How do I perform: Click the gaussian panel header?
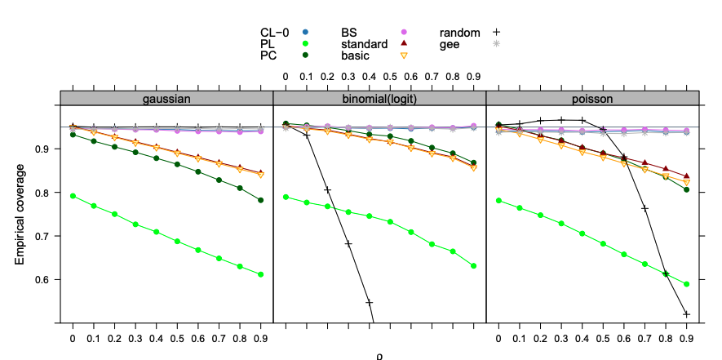coord(166,98)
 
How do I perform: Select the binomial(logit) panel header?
coord(379,98)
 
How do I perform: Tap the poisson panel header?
coord(592,98)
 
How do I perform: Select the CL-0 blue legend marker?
coord(305,32)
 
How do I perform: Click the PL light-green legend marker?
coord(305,43)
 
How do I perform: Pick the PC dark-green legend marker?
coord(305,56)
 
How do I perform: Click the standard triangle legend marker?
coord(403,43)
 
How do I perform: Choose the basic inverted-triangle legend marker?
coord(403,56)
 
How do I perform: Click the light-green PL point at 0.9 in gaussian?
coord(261,274)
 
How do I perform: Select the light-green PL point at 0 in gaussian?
coord(73,196)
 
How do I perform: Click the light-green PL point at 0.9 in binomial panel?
coord(474,265)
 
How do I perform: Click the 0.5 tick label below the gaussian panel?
coord(177,336)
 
